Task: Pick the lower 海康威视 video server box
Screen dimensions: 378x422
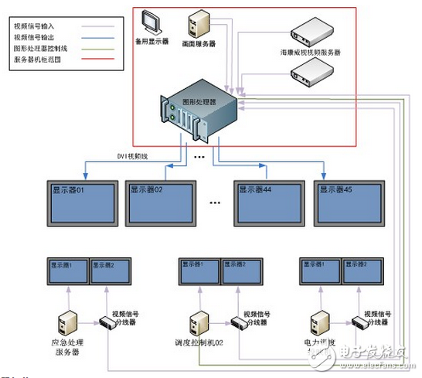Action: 310,72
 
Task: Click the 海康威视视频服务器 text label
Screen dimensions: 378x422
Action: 310,52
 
